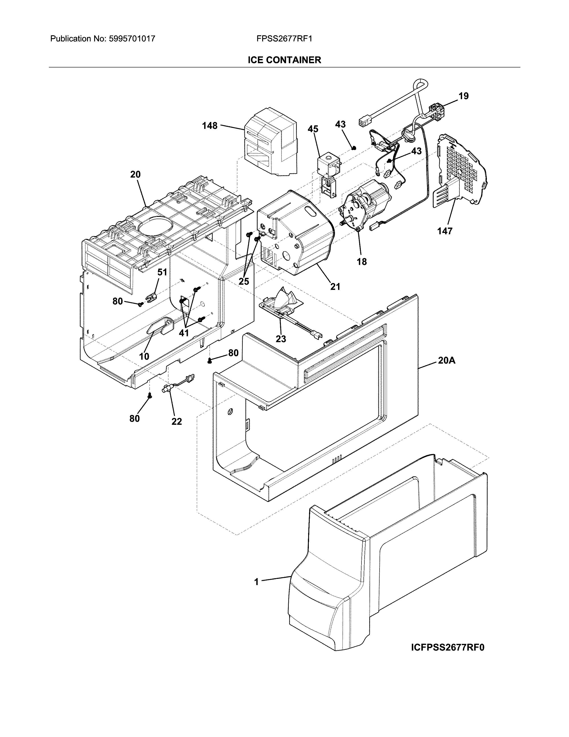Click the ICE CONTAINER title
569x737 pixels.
point(284,60)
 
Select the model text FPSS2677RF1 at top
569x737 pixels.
point(284,39)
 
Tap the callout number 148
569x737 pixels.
point(210,126)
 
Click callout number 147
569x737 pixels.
point(445,231)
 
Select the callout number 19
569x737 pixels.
point(463,96)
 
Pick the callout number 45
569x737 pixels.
point(313,129)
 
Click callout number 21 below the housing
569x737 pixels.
point(335,287)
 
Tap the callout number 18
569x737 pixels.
point(362,262)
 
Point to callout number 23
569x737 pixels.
point(281,339)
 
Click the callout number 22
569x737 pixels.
point(177,421)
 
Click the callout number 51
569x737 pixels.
point(162,272)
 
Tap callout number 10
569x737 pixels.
point(144,356)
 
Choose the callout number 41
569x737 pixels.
point(184,333)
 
